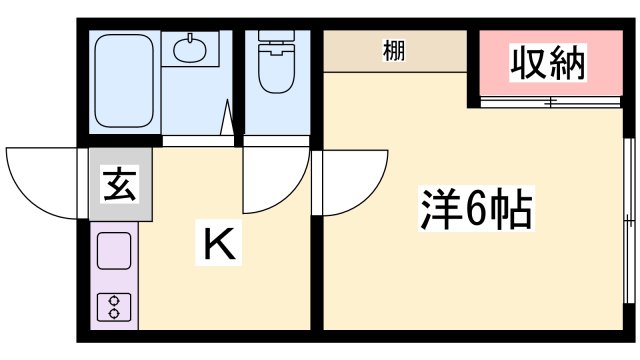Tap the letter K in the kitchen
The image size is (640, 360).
coord(221,244)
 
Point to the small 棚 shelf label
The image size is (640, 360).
coord(394,52)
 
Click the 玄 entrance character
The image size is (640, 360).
coord(120,184)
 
